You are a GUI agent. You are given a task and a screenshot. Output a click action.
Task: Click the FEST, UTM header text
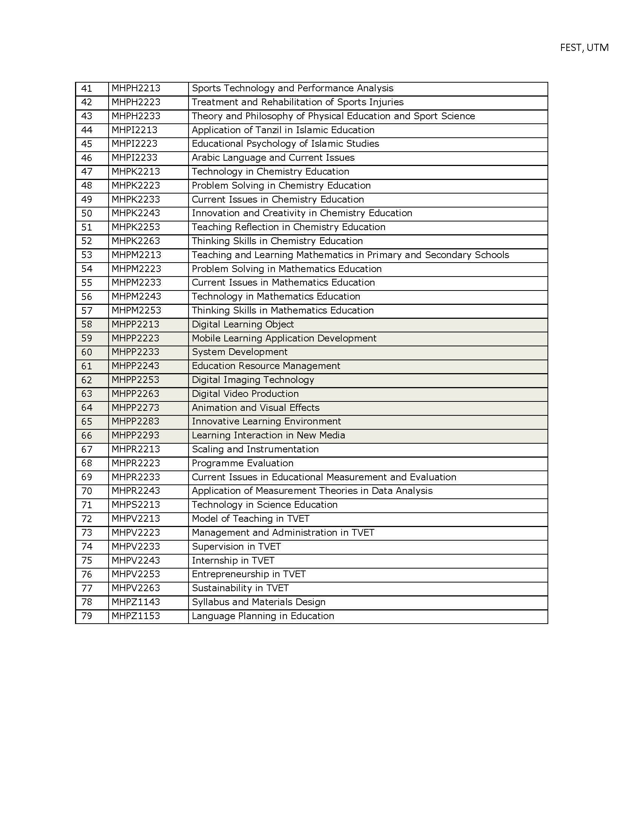[584, 48]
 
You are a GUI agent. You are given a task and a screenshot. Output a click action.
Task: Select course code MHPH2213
[136, 88]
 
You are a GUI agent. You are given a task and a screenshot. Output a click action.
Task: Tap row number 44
[87, 130]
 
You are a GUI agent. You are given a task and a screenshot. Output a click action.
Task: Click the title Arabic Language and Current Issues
[273, 158]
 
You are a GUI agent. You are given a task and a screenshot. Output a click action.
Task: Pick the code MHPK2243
[136, 213]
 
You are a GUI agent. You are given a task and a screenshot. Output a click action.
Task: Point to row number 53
[87, 255]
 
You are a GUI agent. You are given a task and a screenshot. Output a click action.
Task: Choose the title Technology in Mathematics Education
[276, 297]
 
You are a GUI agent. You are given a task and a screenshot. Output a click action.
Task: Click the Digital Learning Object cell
[243, 324]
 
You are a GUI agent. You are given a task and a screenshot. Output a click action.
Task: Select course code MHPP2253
[135, 380]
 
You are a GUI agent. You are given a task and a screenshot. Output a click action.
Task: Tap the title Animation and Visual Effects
[255, 408]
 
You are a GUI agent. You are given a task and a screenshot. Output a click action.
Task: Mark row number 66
[87, 435]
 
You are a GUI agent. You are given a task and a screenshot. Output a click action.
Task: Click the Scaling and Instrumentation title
[255, 449]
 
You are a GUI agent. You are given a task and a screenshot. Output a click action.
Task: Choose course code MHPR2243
[136, 491]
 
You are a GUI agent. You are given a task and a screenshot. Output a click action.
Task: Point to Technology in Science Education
[264, 505]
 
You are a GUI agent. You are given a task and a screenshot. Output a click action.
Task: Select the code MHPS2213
[136, 505]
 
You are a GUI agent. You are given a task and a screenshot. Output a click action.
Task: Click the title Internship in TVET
[233, 561]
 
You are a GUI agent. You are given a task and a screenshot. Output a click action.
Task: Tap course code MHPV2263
[136, 588]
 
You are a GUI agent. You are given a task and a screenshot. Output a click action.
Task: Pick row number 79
[87, 616]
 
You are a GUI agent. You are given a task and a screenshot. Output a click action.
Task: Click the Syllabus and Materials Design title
[258, 602]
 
